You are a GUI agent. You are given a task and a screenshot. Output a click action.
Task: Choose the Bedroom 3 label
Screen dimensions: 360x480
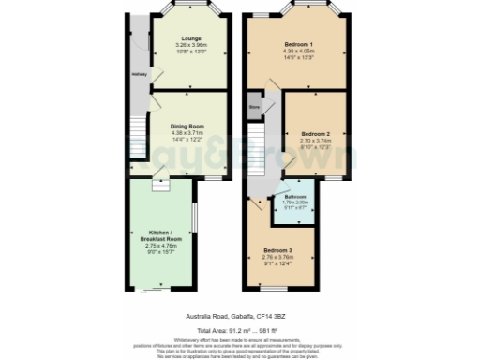278,250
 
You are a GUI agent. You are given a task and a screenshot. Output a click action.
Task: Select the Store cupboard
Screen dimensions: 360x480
254,109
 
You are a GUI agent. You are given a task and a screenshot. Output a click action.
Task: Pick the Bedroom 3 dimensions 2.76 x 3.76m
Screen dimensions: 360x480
278,257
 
